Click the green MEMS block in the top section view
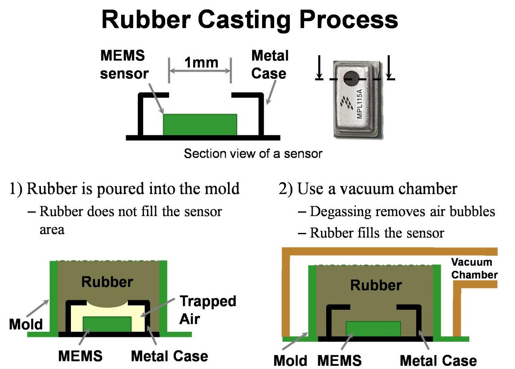point(200,124)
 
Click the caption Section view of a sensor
point(252,153)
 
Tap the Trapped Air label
point(207,310)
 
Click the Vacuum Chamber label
point(474,269)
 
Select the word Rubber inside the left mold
point(107,282)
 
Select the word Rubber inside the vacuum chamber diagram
point(376,285)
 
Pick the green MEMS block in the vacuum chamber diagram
point(373,328)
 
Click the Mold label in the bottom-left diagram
point(26,324)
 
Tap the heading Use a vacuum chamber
point(368,189)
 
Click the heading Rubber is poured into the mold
point(124,189)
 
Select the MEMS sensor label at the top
point(124,64)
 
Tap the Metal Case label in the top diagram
point(269,64)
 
